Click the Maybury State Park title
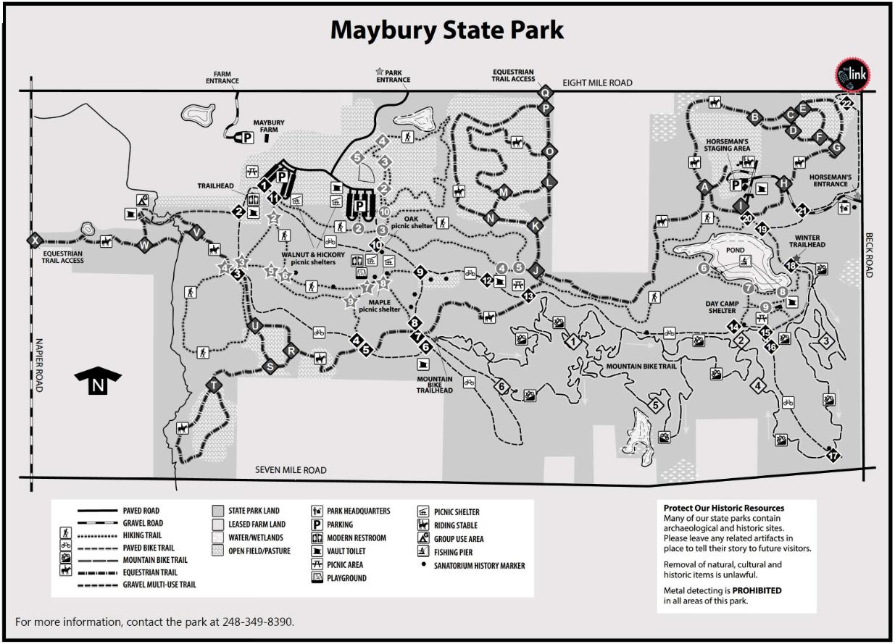click(446, 30)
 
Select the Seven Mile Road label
click(291, 470)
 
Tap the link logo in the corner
click(853, 75)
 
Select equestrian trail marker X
click(33, 240)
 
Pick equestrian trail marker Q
click(546, 92)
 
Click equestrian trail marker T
click(215, 385)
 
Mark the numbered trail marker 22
click(846, 104)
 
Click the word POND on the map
click(735, 250)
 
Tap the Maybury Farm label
click(268, 127)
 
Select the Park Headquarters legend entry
click(358, 511)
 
